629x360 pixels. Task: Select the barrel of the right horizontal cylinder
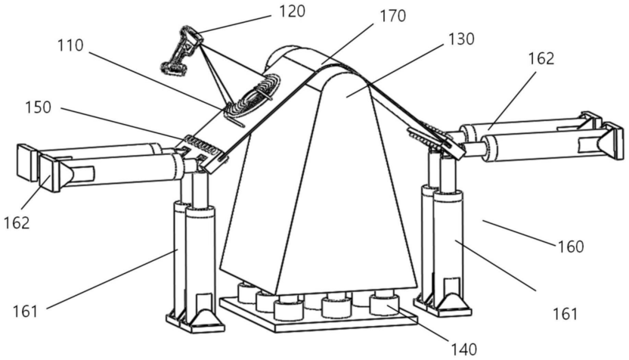coord(529,144)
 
